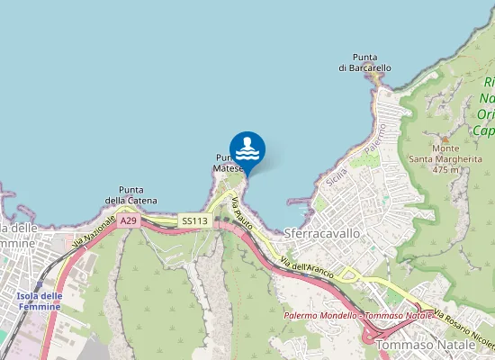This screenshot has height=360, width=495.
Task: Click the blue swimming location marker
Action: tap(247, 151)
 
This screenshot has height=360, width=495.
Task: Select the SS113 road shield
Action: tap(193, 220)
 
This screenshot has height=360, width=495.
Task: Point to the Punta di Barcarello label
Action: tap(365, 62)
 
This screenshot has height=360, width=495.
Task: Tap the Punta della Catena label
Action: tap(131, 194)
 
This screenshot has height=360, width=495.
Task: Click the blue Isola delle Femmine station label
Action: tap(39, 301)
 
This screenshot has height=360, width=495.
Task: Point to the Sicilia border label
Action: tap(337, 176)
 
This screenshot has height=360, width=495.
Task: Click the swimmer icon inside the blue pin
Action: tap(247, 148)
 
